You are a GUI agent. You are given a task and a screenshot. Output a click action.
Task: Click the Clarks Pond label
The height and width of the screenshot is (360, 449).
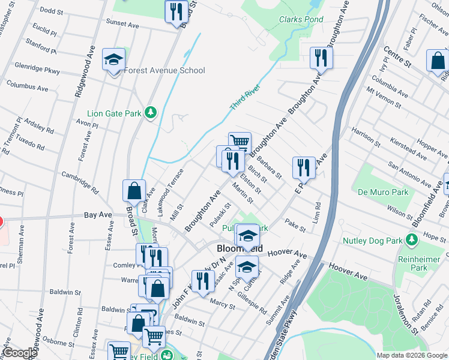click(x=301, y=19)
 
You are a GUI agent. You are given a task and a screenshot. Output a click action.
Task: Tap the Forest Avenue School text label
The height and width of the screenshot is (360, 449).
click(x=164, y=70)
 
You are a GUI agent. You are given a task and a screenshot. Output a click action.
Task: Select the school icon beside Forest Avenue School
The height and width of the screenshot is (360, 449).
click(x=113, y=60)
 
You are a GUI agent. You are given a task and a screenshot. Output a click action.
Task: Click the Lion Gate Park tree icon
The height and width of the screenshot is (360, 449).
click(x=152, y=112)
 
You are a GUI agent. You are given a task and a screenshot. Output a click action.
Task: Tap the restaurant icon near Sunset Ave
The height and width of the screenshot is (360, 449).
click(x=176, y=11)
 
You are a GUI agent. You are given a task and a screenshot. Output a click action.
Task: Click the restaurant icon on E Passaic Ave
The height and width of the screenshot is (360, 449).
click(x=304, y=167)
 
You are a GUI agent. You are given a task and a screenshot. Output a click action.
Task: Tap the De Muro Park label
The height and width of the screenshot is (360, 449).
click(x=383, y=193)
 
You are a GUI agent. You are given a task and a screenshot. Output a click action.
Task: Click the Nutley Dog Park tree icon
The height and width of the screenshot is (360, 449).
click(x=411, y=241)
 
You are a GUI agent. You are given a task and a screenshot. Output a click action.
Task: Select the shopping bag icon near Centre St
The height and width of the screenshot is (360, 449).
click(x=438, y=61)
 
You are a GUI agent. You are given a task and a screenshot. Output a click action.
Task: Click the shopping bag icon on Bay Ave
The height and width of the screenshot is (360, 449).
click(x=134, y=191)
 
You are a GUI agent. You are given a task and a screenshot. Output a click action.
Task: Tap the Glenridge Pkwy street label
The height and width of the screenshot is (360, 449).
click(x=37, y=70)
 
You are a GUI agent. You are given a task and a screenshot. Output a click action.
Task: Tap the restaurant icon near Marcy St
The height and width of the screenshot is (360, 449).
click(x=203, y=281)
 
